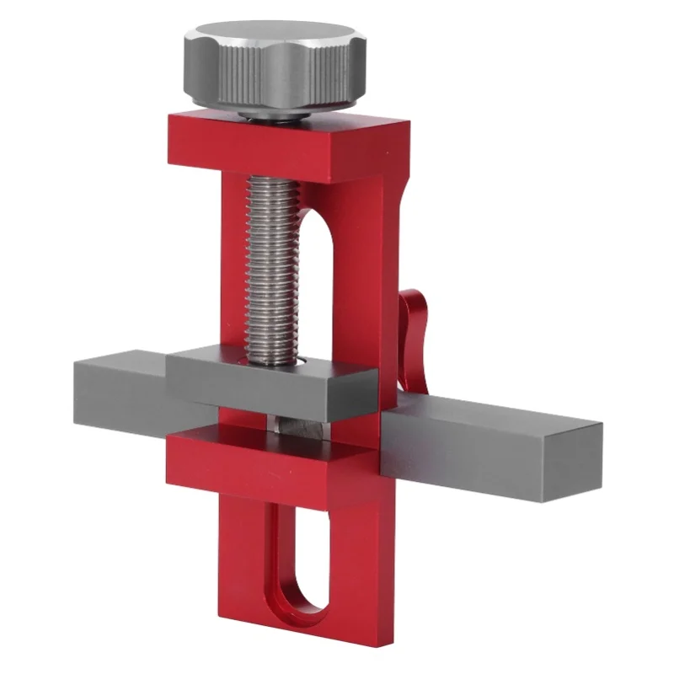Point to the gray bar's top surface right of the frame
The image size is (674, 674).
pyautogui.click(x=497, y=413)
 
